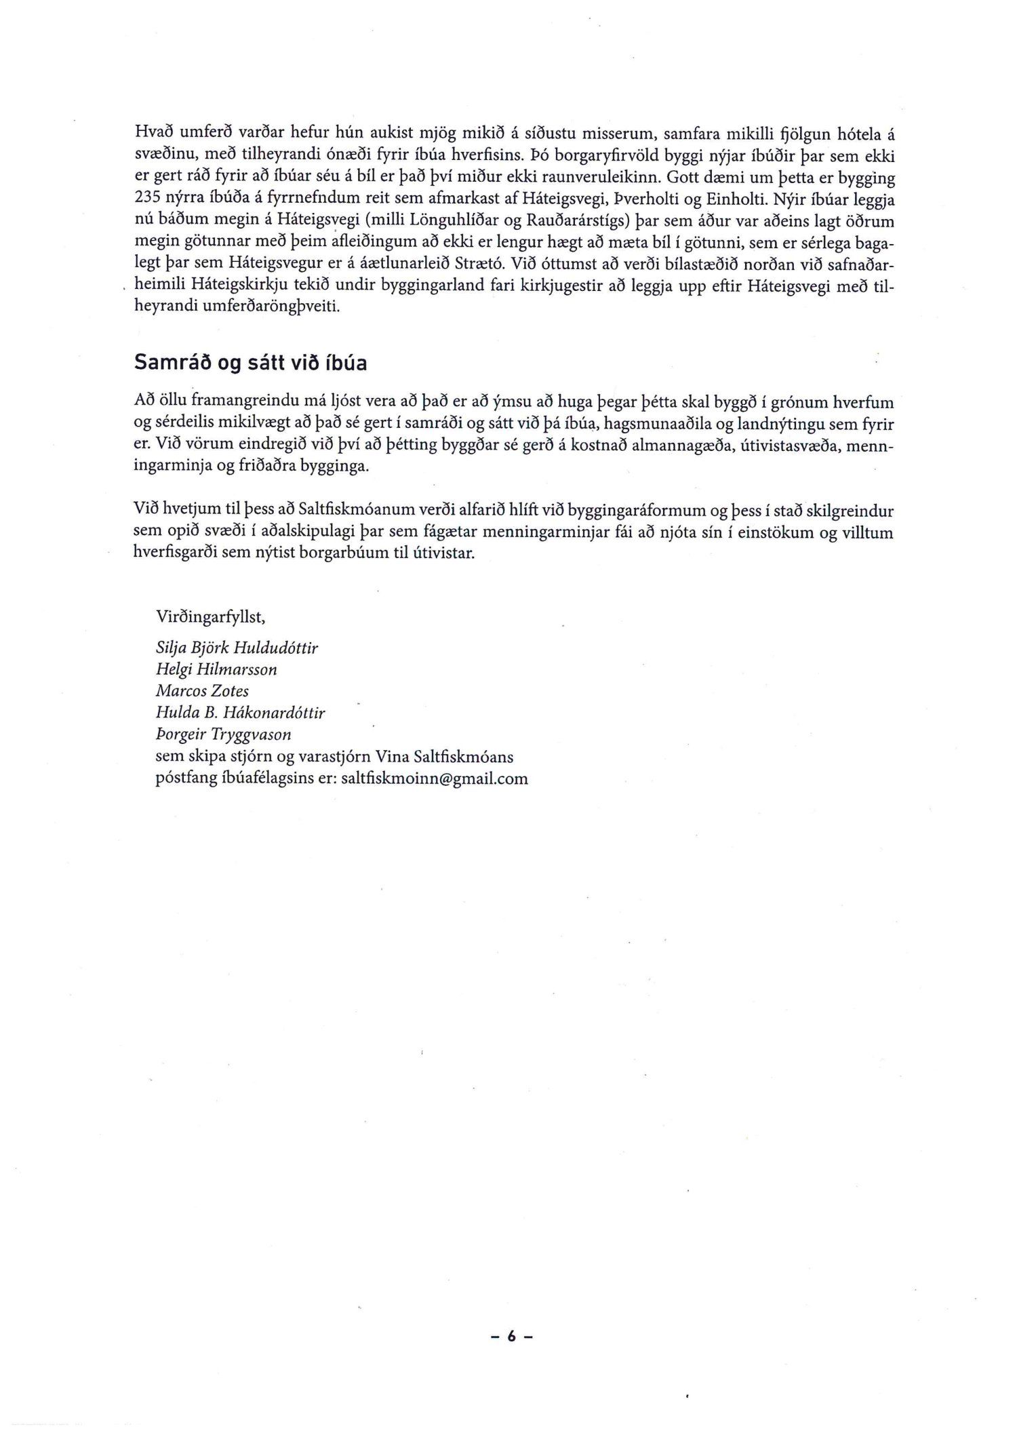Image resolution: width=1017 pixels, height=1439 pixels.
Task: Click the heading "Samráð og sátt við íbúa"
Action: tap(251, 363)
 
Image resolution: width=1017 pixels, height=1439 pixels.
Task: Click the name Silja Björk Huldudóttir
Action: tap(237, 648)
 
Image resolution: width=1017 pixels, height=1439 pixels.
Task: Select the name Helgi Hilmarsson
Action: tap(216, 669)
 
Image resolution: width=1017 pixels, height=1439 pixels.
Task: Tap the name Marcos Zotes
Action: tap(202, 691)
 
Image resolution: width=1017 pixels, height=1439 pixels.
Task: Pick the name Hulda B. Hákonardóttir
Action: tap(241, 713)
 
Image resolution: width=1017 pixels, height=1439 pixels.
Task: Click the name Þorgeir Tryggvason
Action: tap(224, 734)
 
